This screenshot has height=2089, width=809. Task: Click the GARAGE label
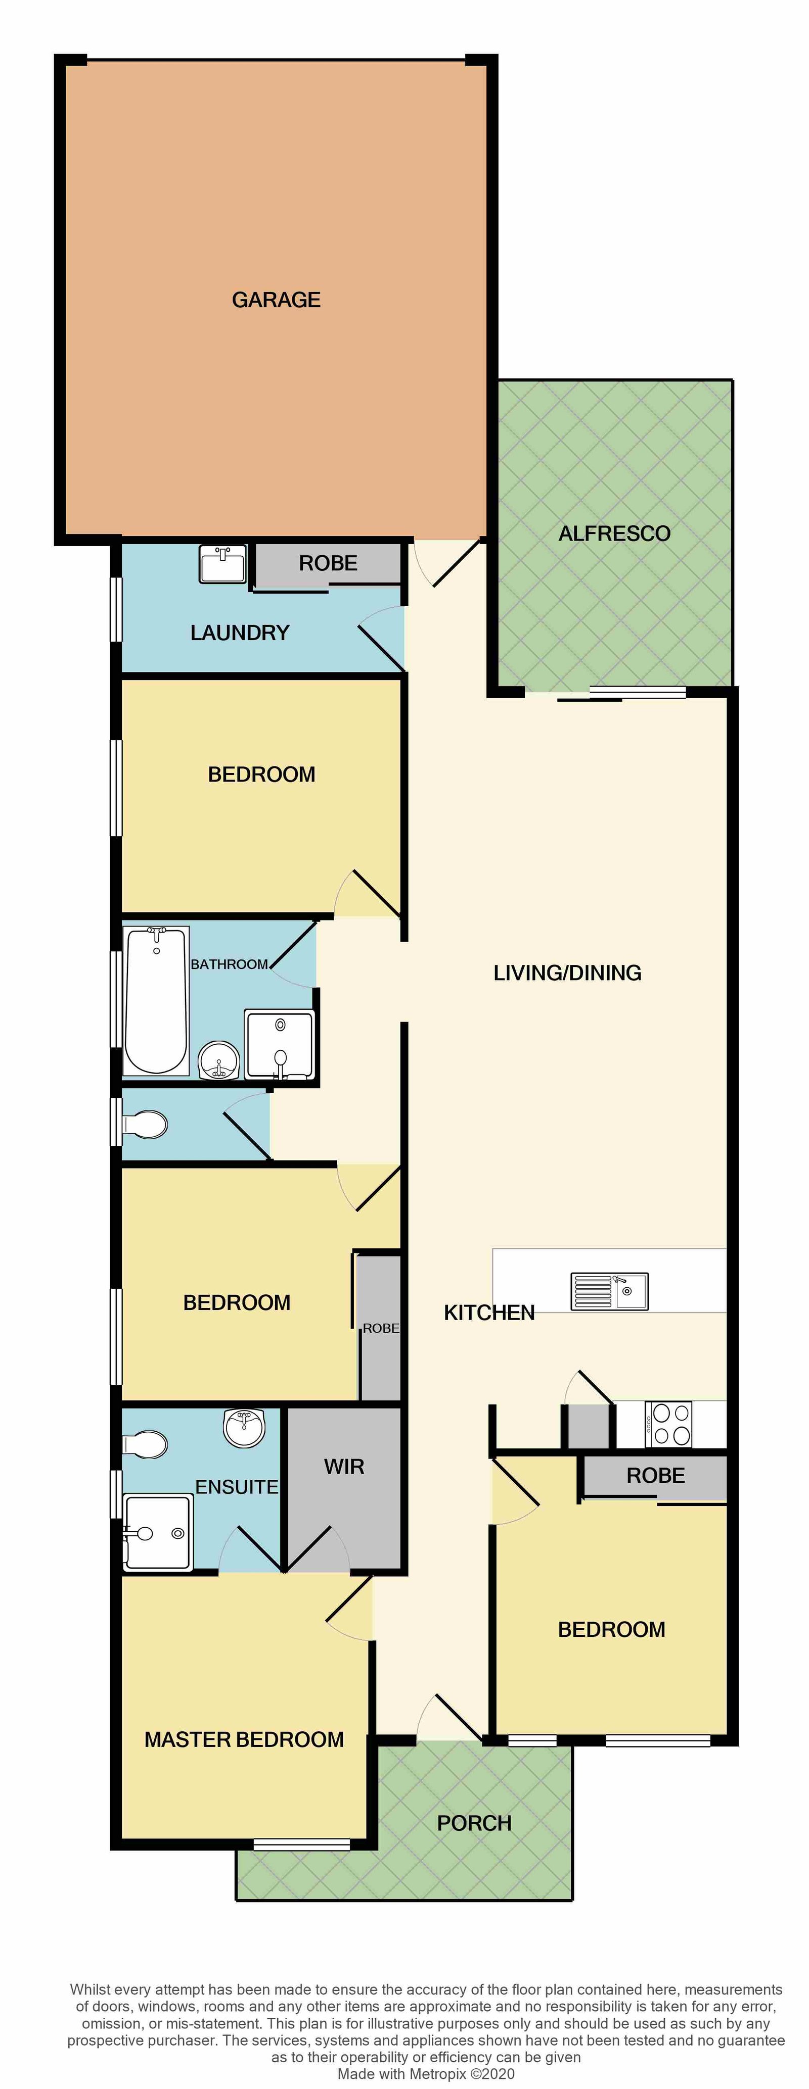tap(276, 300)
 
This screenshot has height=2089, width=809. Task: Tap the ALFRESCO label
tap(614, 533)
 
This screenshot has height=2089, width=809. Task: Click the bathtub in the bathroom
tap(156, 1000)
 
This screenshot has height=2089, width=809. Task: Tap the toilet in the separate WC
tap(146, 1125)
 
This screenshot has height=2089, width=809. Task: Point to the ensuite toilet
tap(146, 1444)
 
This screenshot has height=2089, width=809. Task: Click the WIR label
tap(344, 1466)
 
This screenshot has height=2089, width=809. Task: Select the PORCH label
tap(474, 1823)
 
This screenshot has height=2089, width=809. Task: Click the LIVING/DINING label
tap(567, 973)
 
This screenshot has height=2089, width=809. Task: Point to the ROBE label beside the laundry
tap(328, 563)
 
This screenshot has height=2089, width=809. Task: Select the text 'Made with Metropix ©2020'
tap(426, 2074)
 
